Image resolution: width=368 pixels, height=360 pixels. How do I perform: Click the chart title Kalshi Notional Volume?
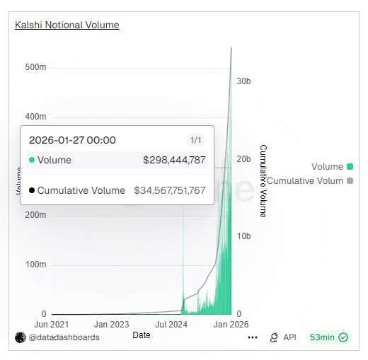[x=67, y=25]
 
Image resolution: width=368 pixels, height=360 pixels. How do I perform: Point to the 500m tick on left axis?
[x=36, y=67]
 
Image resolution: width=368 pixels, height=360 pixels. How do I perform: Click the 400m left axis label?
[x=36, y=116]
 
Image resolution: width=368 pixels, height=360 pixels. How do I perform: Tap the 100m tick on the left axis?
[x=36, y=264]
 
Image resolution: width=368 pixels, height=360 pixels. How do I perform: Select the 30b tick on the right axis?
[x=243, y=81]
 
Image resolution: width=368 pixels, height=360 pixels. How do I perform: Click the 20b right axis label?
[x=243, y=158]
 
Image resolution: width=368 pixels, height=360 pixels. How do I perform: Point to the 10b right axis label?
[x=243, y=236]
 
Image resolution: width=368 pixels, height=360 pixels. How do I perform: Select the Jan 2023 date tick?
[x=111, y=325]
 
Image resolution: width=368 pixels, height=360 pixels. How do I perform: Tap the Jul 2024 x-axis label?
[x=171, y=325]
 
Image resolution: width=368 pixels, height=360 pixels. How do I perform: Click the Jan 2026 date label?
[x=230, y=325]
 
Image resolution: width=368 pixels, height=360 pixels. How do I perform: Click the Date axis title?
[x=142, y=335]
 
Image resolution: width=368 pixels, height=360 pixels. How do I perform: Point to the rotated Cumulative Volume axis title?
[x=263, y=180]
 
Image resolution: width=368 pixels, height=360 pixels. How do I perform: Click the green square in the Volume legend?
[x=350, y=167]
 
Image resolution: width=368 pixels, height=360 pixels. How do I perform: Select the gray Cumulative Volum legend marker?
[x=350, y=181]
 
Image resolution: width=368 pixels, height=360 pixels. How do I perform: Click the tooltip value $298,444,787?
[x=174, y=161]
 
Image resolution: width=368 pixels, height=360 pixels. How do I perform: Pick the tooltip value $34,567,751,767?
[x=170, y=190]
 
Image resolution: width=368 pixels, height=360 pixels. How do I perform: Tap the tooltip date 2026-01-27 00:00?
[x=72, y=140]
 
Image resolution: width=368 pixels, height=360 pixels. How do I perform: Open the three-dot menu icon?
[x=253, y=338]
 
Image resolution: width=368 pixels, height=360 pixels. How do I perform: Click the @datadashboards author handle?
[x=64, y=337]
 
